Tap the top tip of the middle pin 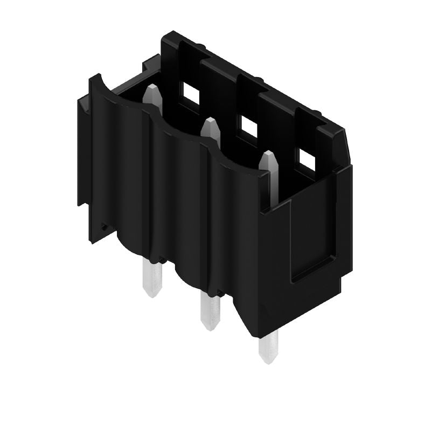(x=209, y=122)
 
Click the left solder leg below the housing (x=151, y=277)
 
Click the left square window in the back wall (x=190, y=93)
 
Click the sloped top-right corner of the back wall (x=345, y=143)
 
